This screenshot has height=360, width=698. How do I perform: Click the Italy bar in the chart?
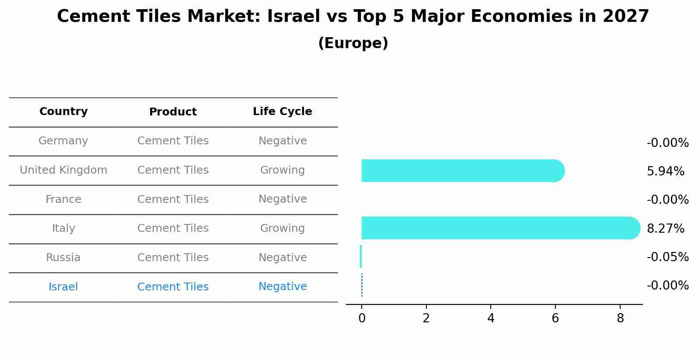499,228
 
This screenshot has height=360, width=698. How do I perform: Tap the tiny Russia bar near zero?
361,256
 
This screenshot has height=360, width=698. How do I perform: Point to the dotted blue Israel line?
362,285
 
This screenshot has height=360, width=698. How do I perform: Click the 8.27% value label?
665,228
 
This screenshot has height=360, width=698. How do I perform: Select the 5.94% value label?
665,171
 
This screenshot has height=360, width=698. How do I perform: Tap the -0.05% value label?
667,257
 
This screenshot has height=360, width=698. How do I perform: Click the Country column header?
63,112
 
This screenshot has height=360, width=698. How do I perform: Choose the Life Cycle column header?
282,112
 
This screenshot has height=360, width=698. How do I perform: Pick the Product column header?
173,112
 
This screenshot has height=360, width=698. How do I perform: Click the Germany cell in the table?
63,141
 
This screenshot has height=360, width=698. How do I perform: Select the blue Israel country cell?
63,287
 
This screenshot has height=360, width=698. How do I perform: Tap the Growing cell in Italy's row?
282,228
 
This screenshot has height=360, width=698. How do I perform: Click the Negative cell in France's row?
282,199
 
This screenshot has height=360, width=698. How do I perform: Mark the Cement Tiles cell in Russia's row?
173,258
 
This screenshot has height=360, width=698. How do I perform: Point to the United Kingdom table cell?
63,170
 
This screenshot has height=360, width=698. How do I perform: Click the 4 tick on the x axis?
491,318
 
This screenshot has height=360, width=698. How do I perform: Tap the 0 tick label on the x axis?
362,318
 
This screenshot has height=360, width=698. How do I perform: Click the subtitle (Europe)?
353,43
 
